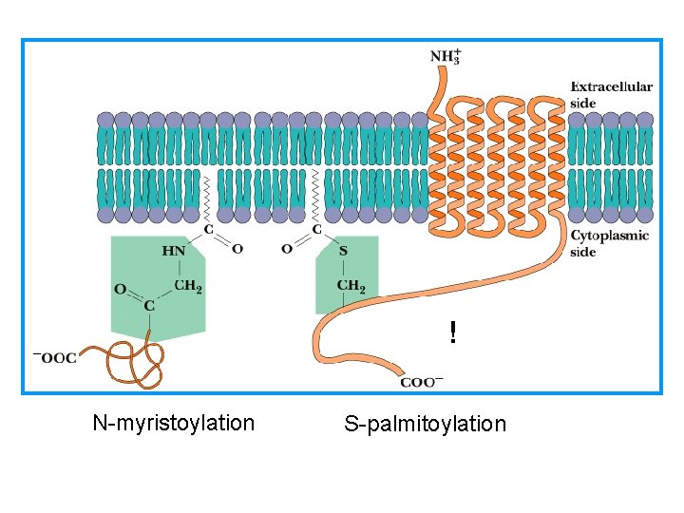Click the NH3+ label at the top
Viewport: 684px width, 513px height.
[x=446, y=55]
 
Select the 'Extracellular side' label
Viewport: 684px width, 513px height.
[x=611, y=93]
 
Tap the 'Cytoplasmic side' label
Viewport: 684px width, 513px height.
[x=609, y=243]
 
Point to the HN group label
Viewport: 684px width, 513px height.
[x=174, y=251]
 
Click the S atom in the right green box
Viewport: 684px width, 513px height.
[x=343, y=250]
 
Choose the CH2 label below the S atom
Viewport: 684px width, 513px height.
[x=351, y=285]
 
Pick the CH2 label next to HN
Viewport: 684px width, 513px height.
[x=188, y=285]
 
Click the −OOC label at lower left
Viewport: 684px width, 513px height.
[x=55, y=357]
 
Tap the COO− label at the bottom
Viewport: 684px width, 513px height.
[x=422, y=382]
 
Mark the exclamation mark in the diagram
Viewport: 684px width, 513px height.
[x=453, y=332]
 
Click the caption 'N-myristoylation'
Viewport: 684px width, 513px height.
[x=173, y=423]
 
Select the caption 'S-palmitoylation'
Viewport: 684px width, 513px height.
[x=425, y=424]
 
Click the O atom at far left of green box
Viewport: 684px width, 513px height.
[x=120, y=289]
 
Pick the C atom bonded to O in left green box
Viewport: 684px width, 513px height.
[x=149, y=305]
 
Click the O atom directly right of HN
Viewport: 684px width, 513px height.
[x=237, y=249]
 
